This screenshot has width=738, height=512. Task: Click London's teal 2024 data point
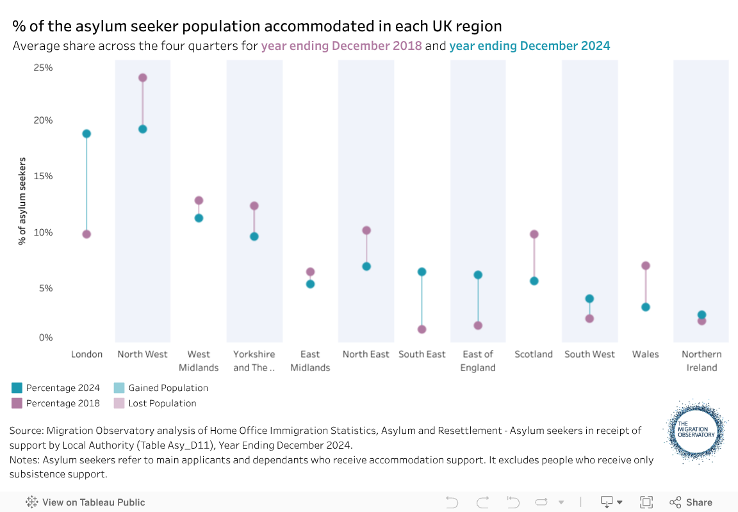[86, 134]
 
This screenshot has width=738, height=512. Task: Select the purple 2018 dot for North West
[143, 78]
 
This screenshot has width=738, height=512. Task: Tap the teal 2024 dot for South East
[422, 272]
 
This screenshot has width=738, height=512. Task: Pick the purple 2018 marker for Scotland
[534, 234]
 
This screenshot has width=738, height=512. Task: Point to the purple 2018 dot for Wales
[646, 266]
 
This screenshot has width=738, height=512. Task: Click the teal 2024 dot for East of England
[478, 275]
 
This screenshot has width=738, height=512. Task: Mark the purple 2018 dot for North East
[366, 230]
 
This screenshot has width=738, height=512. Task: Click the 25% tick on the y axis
[43, 68]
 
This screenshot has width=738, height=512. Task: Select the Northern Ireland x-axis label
[701, 361]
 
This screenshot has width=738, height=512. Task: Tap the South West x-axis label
[589, 355]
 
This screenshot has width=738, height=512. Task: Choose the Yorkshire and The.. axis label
[254, 361]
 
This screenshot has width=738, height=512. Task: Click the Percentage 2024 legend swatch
[17, 388]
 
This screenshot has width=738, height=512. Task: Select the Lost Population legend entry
[162, 404]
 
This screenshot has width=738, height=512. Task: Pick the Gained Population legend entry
[168, 388]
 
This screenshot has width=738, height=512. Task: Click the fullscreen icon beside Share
[646, 502]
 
